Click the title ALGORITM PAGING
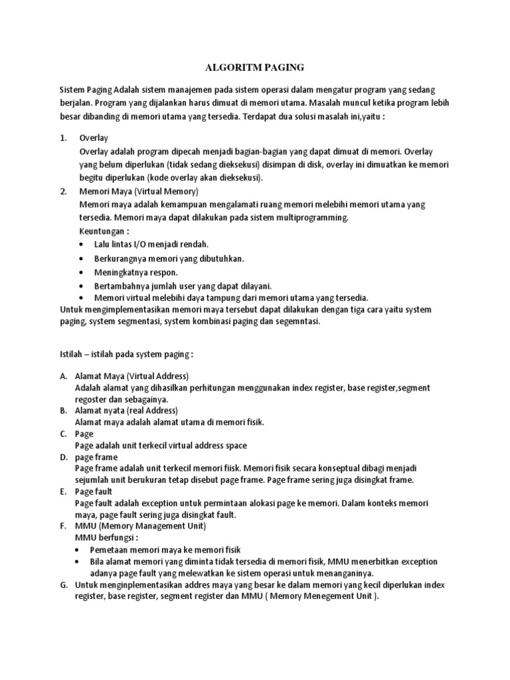pyautogui.click(x=255, y=67)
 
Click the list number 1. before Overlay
pyautogui.click(x=63, y=139)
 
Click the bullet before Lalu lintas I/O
pyautogui.click(x=81, y=244)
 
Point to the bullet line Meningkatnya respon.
pyautogui.click(x=136, y=272)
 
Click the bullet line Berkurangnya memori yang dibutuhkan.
pyautogui.click(x=169, y=258)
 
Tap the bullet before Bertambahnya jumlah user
pyautogui.click(x=81, y=286)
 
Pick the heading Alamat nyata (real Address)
pyautogui.click(x=126, y=410)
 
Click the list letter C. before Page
pyautogui.click(x=63, y=434)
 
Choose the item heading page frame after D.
pyautogui.click(x=96, y=457)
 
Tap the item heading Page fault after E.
pyautogui.click(x=94, y=491)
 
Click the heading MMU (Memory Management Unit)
pyautogui.click(x=140, y=526)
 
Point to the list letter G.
pyautogui.click(x=64, y=584)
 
